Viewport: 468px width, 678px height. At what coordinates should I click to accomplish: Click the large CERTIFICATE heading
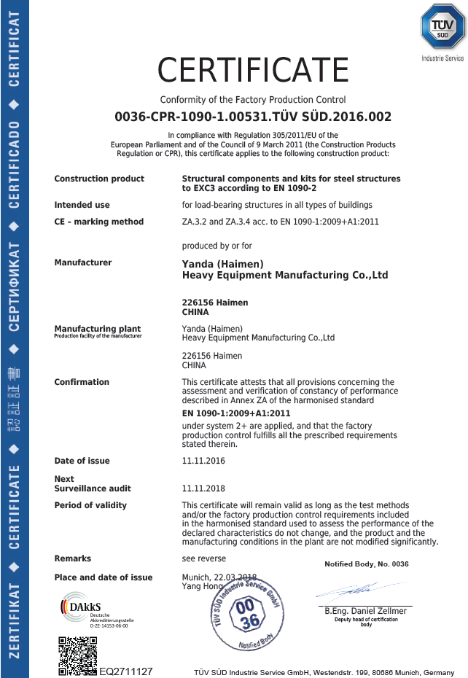[253, 70]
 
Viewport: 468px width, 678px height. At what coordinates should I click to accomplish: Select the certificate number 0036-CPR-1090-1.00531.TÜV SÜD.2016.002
[253, 117]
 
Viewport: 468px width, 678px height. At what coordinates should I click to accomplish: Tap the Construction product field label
[99, 179]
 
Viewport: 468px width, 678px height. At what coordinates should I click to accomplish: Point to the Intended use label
[82, 205]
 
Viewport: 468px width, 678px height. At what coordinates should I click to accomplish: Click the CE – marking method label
[98, 222]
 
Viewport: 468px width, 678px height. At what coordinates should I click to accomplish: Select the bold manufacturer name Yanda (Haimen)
[222, 264]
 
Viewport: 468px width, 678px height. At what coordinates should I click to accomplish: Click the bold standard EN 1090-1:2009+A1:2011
[236, 413]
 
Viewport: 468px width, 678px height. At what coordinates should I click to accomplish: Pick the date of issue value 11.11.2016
[203, 461]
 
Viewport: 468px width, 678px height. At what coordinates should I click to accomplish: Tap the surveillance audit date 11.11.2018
[203, 488]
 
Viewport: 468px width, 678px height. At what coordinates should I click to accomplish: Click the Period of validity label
[90, 505]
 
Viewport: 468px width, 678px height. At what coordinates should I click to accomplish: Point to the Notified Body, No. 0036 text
[366, 564]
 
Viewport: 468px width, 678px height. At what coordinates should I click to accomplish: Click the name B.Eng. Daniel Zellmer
[365, 611]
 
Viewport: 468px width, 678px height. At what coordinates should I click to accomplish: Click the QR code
[77, 655]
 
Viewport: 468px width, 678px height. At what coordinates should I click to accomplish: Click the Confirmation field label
[82, 382]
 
